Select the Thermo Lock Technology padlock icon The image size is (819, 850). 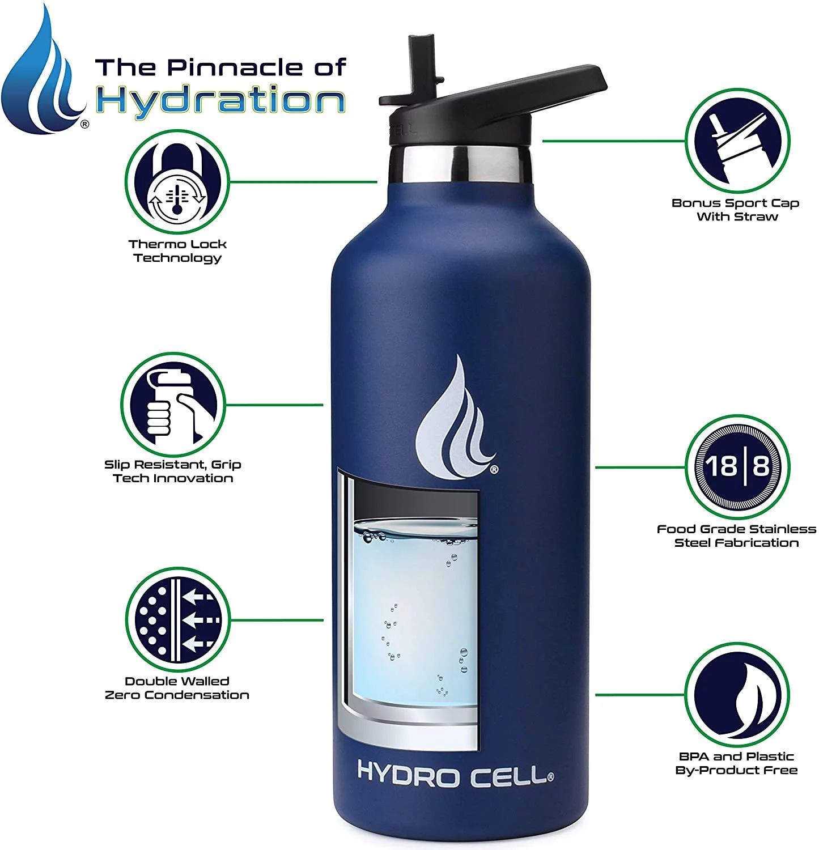(x=177, y=182)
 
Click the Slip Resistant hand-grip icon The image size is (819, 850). (x=173, y=405)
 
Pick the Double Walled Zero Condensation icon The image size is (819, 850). (x=177, y=619)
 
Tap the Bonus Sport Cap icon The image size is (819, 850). (x=737, y=141)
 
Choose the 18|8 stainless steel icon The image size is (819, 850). (x=737, y=467)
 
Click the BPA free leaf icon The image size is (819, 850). (x=737, y=695)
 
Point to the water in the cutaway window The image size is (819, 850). (x=414, y=618)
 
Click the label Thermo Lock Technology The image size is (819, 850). (x=177, y=251)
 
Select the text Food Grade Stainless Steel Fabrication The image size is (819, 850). (x=736, y=536)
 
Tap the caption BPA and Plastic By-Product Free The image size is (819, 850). (x=736, y=763)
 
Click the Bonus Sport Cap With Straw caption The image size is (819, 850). (x=736, y=210)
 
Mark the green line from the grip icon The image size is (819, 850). (x=274, y=405)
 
